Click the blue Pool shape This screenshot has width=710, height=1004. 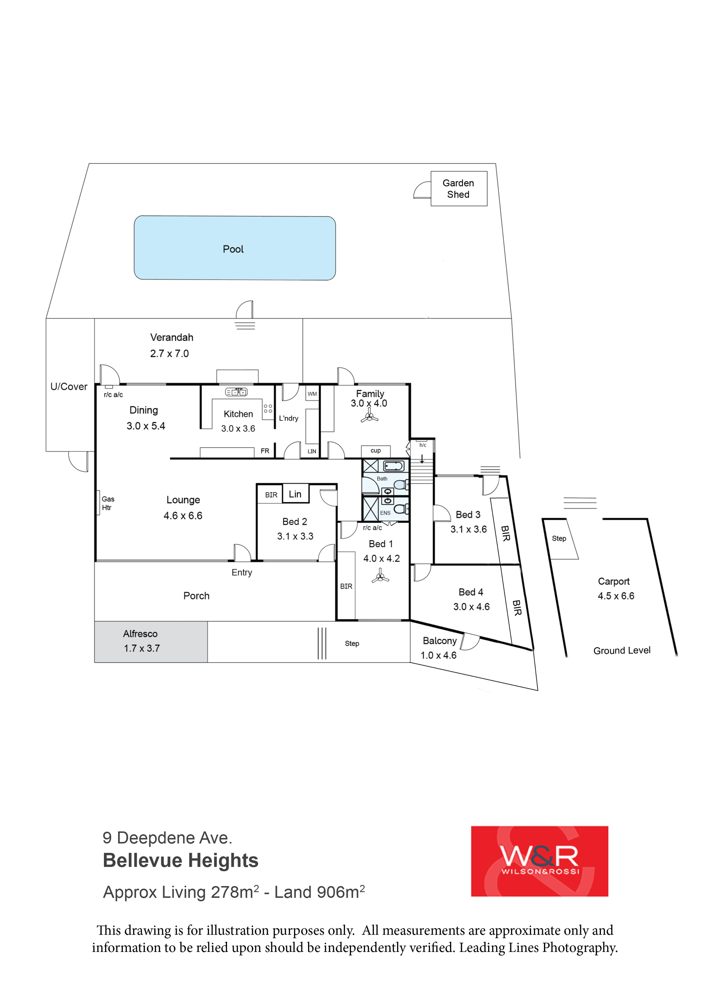click(234, 248)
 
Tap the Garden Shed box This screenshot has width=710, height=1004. click(459, 189)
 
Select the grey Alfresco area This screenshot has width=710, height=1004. click(151, 641)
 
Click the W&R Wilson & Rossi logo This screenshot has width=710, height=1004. click(540, 861)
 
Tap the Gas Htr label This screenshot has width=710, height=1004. click(108, 503)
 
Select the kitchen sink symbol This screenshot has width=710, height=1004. click(236, 392)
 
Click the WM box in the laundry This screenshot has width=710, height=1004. click(312, 394)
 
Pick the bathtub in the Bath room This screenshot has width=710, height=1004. click(394, 466)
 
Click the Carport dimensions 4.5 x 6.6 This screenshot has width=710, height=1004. click(616, 596)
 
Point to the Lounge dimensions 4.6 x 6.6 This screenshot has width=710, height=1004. click(183, 516)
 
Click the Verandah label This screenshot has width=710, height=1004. click(172, 337)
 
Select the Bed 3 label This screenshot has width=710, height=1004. click(468, 515)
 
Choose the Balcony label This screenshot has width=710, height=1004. click(440, 641)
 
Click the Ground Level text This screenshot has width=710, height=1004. click(622, 650)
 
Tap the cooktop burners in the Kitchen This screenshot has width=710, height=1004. click(268, 408)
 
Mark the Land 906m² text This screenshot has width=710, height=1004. click(319, 892)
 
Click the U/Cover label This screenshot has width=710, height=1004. click(69, 387)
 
